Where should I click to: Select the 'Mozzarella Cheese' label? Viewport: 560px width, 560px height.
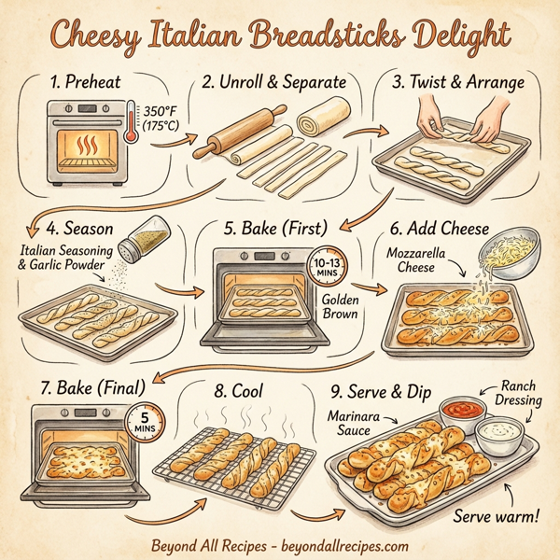(x=415, y=259)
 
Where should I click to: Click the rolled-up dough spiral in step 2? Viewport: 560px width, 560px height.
(x=317, y=120)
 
